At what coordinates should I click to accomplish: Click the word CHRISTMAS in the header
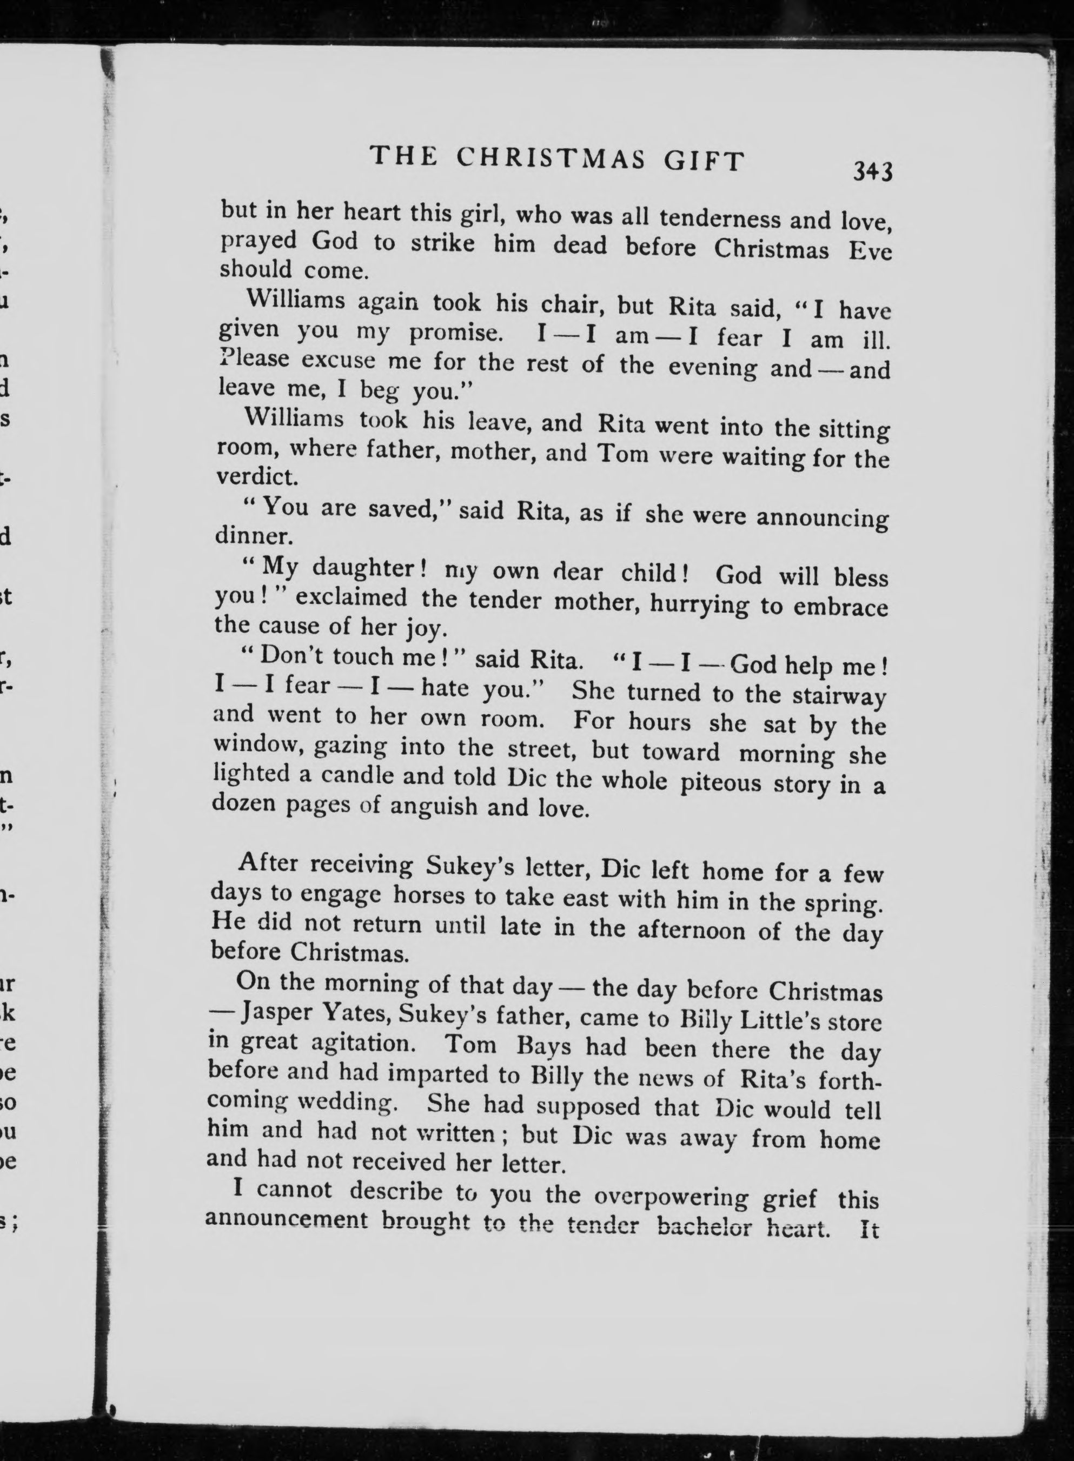coord(551,159)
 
